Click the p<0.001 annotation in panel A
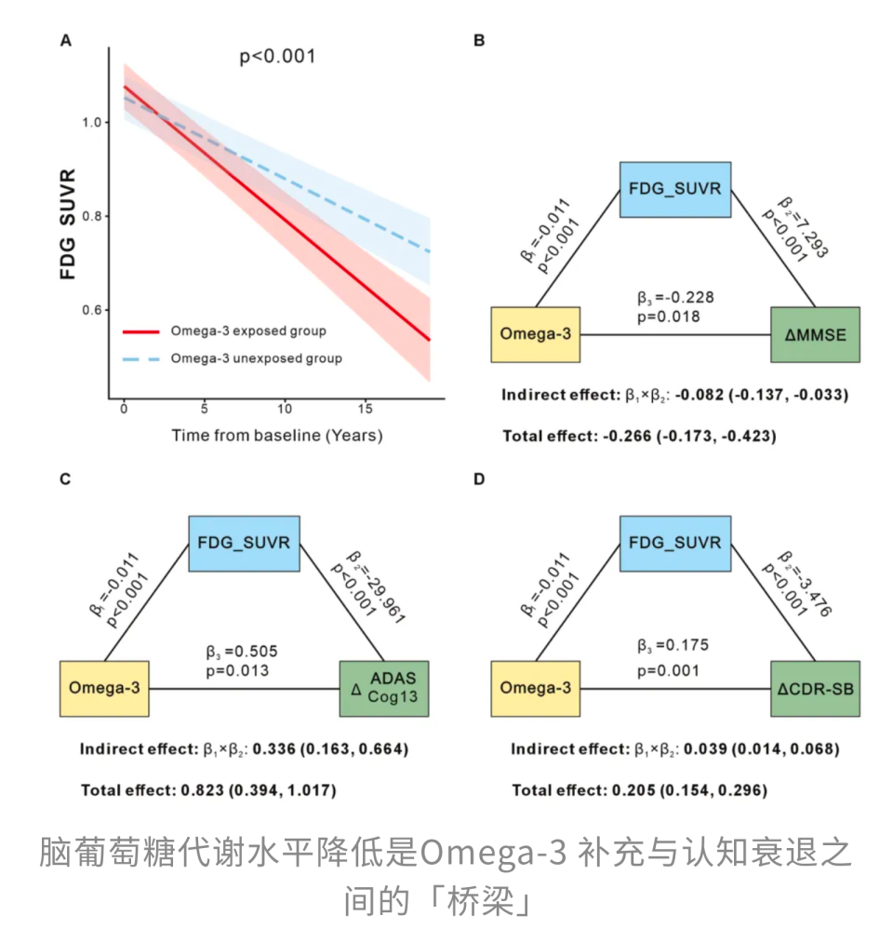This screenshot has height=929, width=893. point(277,57)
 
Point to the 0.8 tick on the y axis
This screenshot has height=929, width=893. point(92,216)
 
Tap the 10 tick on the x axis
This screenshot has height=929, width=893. point(285,409)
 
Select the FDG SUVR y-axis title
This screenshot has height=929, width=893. point(68,224)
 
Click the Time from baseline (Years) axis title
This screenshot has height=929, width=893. point(277,436)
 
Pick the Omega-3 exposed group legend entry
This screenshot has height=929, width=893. point(224,331)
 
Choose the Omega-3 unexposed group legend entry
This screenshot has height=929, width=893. point(233,358)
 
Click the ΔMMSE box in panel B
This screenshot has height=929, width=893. point(815,335)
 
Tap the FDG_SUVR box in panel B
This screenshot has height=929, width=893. point(675,190)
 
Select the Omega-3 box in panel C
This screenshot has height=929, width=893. point(104,689)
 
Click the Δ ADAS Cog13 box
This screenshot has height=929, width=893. point(384,689)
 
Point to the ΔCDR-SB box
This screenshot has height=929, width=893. point(815,689)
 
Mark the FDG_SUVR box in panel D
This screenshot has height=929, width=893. point(675,544)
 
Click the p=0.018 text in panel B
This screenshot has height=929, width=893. point(668,317)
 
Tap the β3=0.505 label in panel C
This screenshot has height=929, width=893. point(242,652)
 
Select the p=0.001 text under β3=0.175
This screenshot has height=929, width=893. point(668,670)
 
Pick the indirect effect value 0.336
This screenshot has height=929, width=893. point(274,749)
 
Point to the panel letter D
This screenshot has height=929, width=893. point(479,478)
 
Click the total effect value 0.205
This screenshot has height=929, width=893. point(633,790)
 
